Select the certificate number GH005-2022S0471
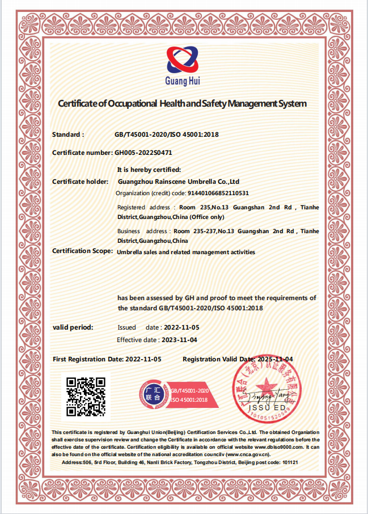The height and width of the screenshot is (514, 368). click(143, 153)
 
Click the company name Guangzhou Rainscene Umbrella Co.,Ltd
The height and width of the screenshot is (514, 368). click(178, 182)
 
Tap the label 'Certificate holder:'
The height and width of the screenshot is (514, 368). click(80, 182)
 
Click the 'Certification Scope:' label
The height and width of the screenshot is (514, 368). click(83, 251)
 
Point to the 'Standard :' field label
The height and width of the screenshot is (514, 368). click(68, 134)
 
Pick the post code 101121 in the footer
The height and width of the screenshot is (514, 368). click(290, 462)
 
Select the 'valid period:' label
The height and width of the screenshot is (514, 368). click(73, 327)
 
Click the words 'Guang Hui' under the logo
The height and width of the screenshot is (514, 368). click(183, 81)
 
